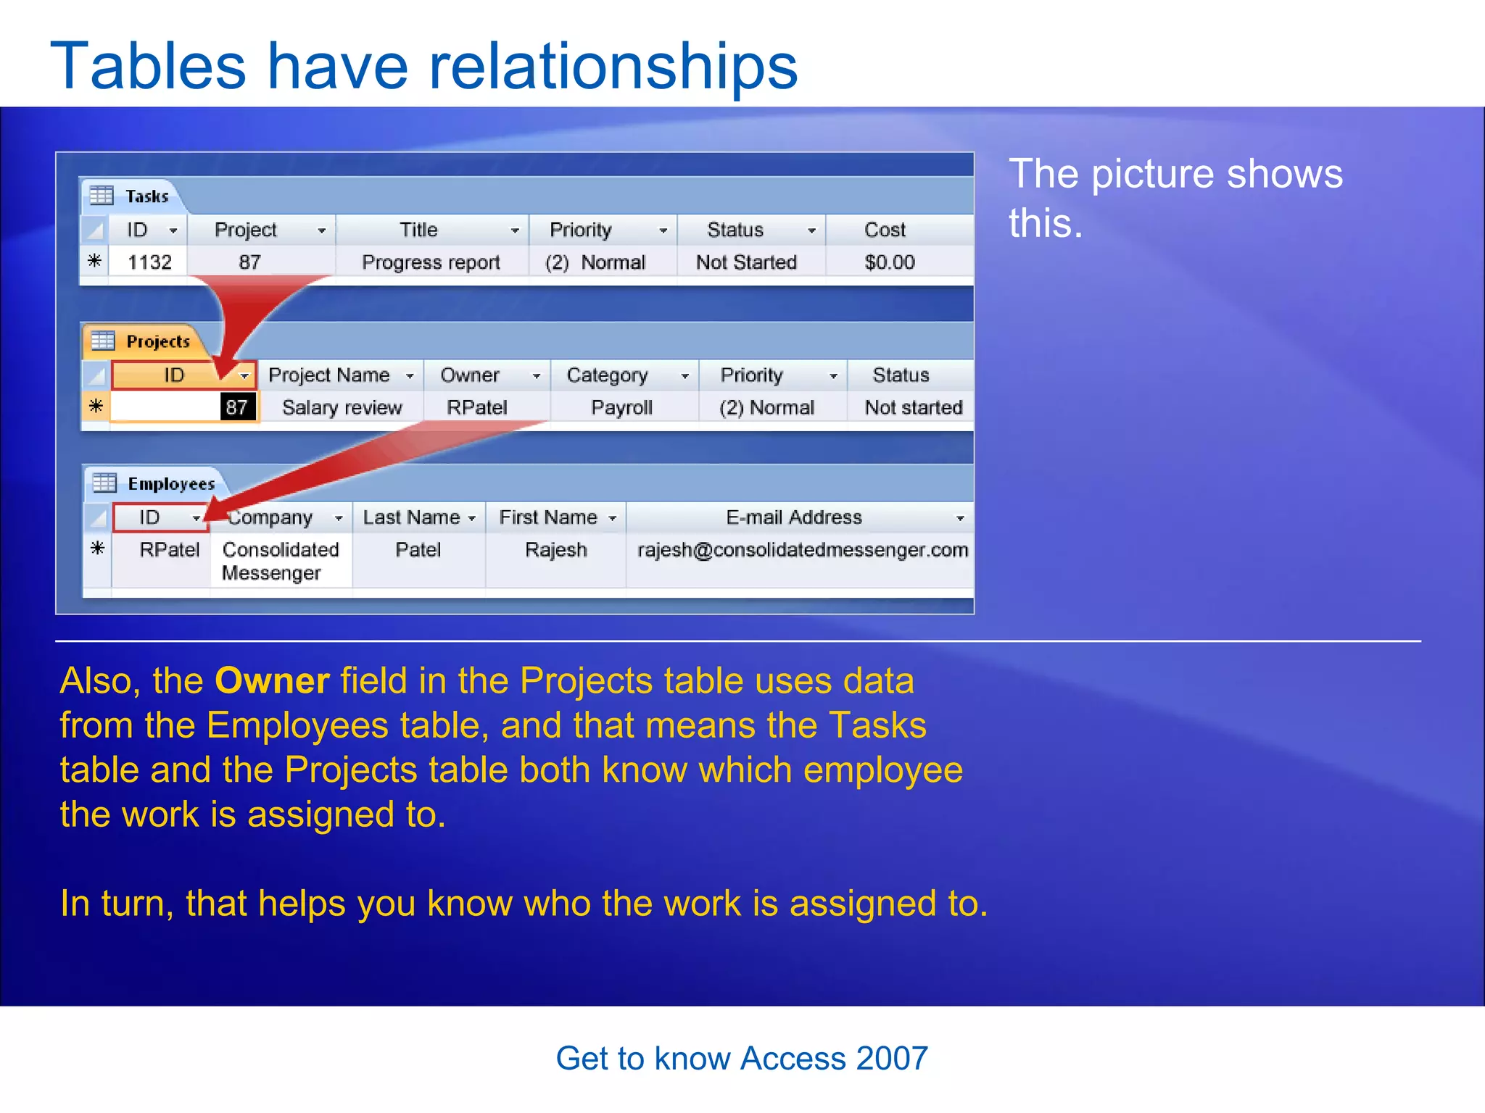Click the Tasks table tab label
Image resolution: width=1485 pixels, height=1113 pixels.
(x=146, y=196)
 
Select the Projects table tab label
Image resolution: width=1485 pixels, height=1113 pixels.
(x=157, y=341)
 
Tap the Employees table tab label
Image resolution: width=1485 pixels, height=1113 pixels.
(x=170, y=484)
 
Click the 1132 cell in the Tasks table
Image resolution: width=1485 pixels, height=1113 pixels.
(x=149, y=262)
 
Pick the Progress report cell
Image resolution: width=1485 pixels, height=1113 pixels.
(x=431, y=262)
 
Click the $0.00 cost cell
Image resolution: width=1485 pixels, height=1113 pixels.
(x=889, y=262)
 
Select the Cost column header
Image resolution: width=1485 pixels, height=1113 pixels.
(x=885, y=230)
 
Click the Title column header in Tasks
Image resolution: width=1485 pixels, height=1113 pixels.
(x=419, y=230)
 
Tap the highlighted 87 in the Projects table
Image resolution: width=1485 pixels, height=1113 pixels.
(x=237, y=407)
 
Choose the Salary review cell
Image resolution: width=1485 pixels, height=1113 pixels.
(x=342, y=407)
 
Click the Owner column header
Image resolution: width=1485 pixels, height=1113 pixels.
(x=470, y=375)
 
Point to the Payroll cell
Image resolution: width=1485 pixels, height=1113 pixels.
(x=621, y=407)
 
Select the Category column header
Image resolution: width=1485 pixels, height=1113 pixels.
(x=607, y=375)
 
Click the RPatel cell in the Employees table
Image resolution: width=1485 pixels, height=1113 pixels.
(x=169, y=550)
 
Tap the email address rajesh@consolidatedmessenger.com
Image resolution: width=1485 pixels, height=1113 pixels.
(x=802, y=550)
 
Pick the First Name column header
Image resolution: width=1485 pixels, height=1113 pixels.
(x=548, y=517)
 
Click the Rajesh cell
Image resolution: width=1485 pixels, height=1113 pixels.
(x=555, y=550)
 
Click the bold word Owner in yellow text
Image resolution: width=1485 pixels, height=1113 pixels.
(x=272, y=681)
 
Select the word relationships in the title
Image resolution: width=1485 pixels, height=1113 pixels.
(x=613, y=67)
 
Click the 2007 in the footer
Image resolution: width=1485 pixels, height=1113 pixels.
(x=891, y=1059)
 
